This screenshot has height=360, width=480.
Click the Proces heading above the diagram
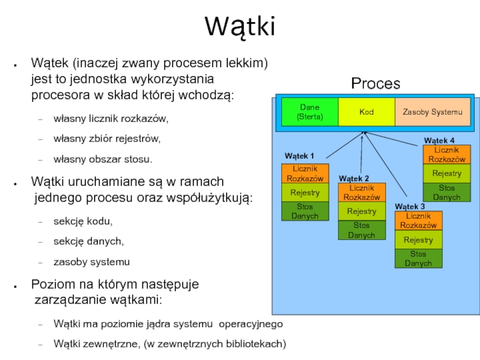pyautogui.click(x=376, y=83)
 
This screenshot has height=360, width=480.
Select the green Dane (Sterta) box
pyautogui.click(x=310, y=112)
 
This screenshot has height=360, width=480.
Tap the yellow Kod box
pyautogui.click(x=366, y=112)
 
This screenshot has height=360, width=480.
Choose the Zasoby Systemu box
pyautogui.click(x=432, y=112)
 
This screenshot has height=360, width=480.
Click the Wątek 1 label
pyautogui.click(x=299, y=156)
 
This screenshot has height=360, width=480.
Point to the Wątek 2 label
pyautogui.click(x=354, y=178)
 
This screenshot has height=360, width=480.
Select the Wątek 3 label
pyautogui.click(x=410, y=206)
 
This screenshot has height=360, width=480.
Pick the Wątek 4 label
pyautogui.click(x=439, y=140)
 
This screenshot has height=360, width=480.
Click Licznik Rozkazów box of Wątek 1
pyautogui.click(x=305, y=173)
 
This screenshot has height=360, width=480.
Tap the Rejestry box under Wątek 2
pyautogui.click(x=361, y=211)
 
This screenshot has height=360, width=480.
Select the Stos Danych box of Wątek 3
pyautogui.click(x=418, y=259)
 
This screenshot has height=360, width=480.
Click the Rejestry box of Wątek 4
pyautogui.click(x=447, y=173)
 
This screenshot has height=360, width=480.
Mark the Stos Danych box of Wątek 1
pyautogui.click(x=305, y=211)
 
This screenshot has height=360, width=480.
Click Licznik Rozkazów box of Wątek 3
pyautogui.click(x=418, y=220)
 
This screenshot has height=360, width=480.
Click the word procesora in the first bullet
pyautogui.click(x=58, y=95)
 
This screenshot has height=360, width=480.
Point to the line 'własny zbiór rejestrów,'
pyautogui.click(x=107, y=139)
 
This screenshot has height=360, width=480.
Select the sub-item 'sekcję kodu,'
pyautogui.click(x=83, y=221)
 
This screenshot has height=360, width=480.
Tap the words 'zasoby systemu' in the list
pyautogui.click(x=91, y=262)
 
